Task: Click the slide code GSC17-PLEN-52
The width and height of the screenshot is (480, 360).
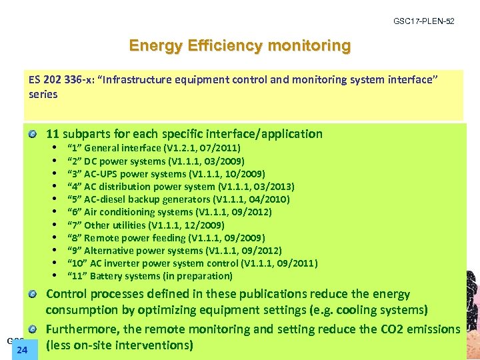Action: pyautogui.click(x=424, y=22)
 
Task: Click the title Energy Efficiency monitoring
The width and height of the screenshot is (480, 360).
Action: pyautogui.click(x=239, y=46)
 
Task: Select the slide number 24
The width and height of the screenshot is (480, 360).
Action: pyautogui.click(x=22, y=349)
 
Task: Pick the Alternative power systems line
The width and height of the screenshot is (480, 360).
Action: pyautogui.click(x=174, y=251)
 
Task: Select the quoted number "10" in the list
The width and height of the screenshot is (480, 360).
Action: pyautogui.click(x=76, y=263)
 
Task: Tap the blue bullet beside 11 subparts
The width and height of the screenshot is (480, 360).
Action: pyautogui.click(x=33, y=135)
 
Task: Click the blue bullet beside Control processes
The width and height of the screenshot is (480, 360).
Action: pyautogui.click(x=33, y=295)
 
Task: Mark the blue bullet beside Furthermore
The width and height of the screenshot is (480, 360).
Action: pyautogui.click(x=33, y=329)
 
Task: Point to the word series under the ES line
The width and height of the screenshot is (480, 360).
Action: pyautogui.click(x=43, y=94)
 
